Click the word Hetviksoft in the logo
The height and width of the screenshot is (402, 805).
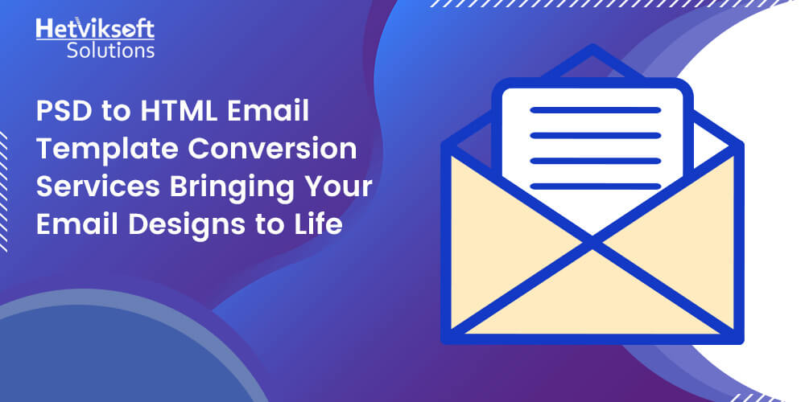95,30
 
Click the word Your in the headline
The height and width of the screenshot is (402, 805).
338,187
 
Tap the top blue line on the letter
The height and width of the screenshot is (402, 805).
595,109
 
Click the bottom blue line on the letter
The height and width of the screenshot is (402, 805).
595,186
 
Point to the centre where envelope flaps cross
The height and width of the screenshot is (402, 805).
592,238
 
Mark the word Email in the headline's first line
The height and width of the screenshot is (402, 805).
271,113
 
